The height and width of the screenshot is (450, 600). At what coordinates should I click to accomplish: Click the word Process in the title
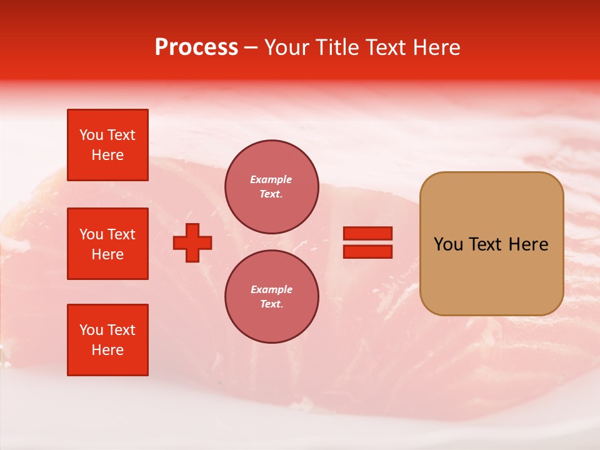click(196, 47)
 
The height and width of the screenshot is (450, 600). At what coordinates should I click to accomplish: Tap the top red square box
click(107, 145)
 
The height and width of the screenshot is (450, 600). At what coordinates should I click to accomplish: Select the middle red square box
click(107, 244)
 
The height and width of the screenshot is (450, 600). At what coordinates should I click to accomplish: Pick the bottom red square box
click(107, 340)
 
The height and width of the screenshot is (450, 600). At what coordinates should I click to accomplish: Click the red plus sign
click(192, 242)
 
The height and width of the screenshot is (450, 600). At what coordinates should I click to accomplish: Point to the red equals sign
click(368, 242)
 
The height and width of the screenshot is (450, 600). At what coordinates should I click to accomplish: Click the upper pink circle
click(271, 187)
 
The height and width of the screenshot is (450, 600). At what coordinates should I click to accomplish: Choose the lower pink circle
click(271, 297)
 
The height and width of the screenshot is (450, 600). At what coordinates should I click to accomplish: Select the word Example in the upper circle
click(271, 179)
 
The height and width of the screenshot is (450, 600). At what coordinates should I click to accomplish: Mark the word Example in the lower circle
click(271, 289)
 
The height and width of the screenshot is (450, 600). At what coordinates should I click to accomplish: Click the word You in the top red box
click(91, 135)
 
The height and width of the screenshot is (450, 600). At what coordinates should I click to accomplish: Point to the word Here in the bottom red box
click(107, 350)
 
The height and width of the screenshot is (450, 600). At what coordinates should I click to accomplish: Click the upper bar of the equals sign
click(368, 233)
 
